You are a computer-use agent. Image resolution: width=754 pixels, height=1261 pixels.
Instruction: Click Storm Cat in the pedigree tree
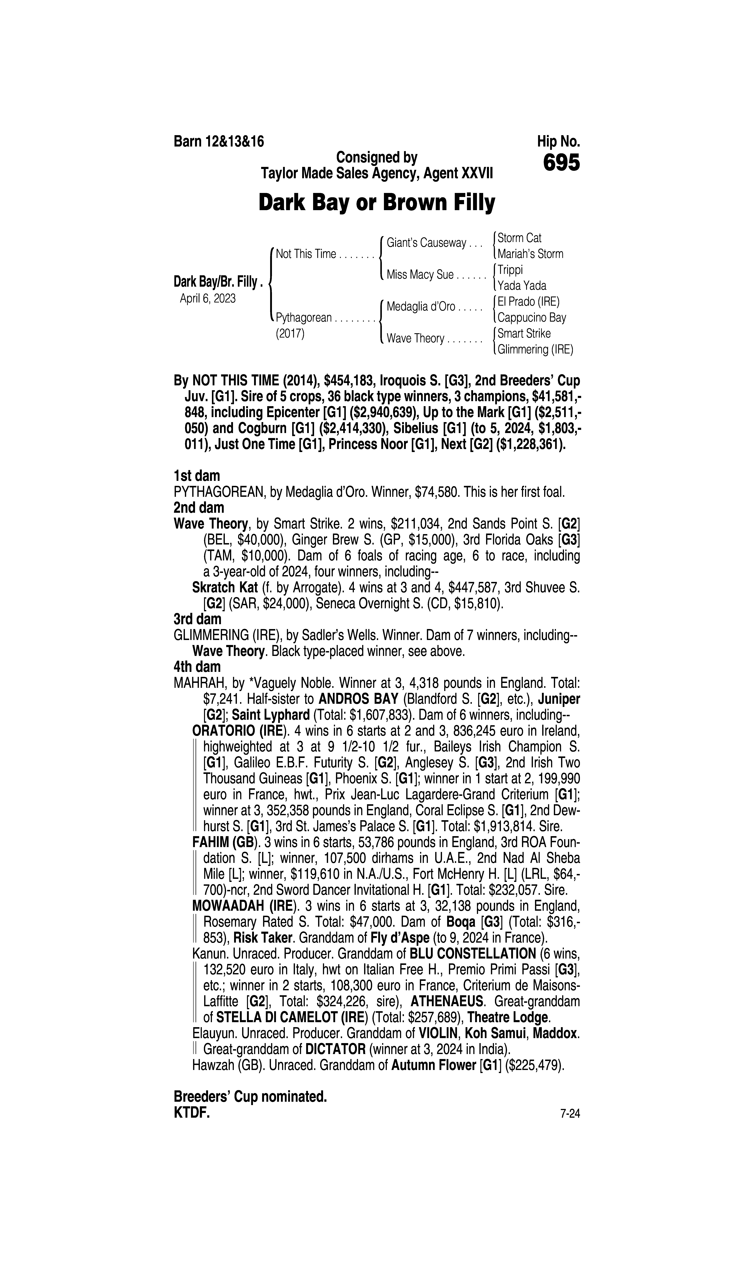(x=519, y=238)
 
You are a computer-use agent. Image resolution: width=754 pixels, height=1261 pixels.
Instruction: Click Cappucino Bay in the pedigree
(x=531, y=318)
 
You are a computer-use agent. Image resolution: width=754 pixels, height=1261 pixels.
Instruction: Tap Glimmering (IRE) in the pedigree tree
(x=535, y=350)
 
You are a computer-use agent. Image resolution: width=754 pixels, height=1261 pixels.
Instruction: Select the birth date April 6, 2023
(x=207, y=298)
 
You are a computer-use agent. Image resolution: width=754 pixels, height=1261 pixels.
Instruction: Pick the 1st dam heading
(x=197, y=476)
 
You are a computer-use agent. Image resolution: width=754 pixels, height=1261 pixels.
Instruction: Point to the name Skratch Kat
(x=225, y=587)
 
